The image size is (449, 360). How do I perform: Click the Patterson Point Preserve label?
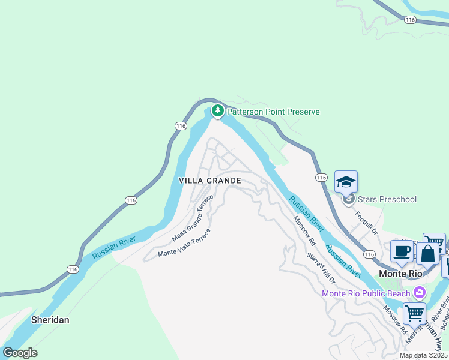(273, 112)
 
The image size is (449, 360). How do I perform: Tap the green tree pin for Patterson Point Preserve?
(217, 110)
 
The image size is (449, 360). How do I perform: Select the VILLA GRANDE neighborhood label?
(210, 180)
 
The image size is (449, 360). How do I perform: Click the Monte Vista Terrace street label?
(184, 242)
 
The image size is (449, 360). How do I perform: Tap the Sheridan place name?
(50, 320)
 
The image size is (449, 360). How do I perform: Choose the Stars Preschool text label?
(387, 199)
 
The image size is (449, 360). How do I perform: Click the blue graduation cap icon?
(346, 181)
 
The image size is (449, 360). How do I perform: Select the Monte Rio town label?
(402, 273)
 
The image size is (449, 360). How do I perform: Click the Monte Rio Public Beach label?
(366, 293)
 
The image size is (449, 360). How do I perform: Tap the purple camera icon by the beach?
(419, 293)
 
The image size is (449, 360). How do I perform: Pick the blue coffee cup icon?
(402, 251)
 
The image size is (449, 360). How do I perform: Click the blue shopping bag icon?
(427, 254)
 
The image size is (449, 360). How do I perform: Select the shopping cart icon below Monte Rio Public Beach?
(414, 314)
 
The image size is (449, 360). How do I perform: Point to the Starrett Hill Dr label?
(320, 268)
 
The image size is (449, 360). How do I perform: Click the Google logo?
(20, 353)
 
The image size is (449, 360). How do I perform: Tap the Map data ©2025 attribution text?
(423, 355)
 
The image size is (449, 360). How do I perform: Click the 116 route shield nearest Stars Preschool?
(321, 178)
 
